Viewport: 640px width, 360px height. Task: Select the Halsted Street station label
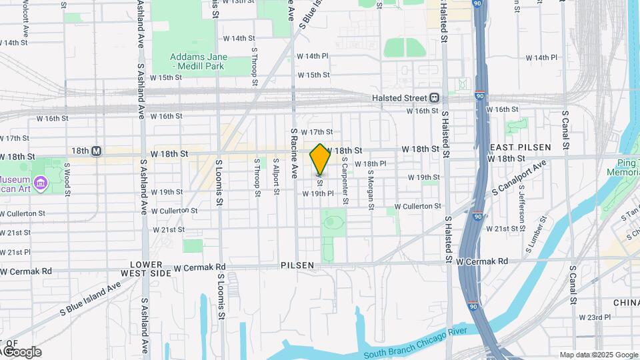coord(399,97)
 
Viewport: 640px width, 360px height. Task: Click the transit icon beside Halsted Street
coord(434,97)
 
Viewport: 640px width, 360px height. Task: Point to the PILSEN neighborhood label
coord(297,265)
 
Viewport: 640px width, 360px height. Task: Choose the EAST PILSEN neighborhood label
coord(521,147)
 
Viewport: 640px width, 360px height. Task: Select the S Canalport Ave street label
coord(519,178)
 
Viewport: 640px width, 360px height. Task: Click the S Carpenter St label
coord(345,181)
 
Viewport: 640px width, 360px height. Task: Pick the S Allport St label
coord(275,177)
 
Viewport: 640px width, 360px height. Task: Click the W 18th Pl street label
coord(371,164)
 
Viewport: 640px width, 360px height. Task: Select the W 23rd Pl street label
coord(595,317)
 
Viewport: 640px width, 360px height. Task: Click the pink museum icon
coord(40,181)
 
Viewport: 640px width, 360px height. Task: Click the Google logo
coord(21,352)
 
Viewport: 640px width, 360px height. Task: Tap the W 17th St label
coord(317,133)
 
